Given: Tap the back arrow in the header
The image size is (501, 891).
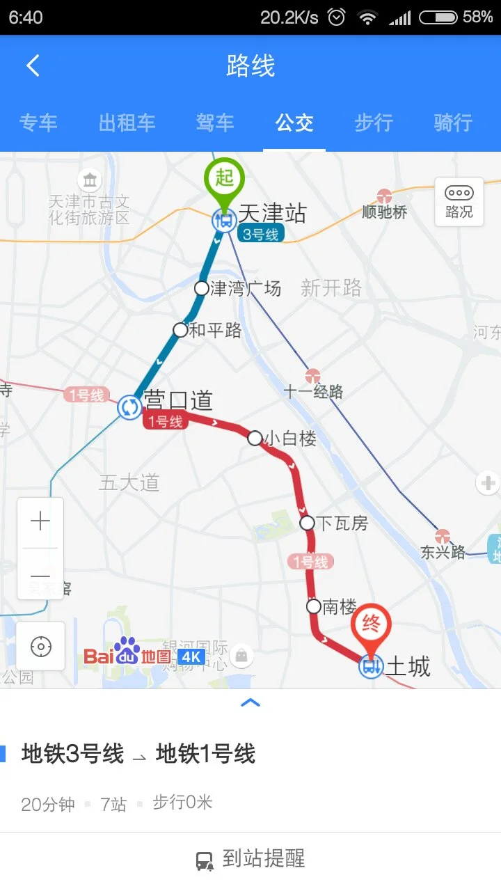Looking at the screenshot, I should point(33,66).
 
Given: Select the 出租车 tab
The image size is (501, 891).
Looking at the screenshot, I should point(127,123).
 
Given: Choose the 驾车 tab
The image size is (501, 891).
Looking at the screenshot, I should point(215,123).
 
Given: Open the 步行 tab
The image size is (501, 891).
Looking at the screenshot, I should point(374,123).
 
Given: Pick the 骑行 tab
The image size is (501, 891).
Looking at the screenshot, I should point(453,123).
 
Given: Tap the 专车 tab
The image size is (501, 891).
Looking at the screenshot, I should point(38,123).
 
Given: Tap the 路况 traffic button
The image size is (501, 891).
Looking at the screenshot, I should point(459,201).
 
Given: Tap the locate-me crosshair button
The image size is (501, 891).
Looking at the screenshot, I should point(41,647).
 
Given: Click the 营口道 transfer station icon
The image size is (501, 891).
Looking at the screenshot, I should point(129,407).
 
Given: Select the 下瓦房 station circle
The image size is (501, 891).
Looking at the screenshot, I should point(307,523).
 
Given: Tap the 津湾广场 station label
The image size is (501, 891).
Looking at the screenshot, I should point(246,288).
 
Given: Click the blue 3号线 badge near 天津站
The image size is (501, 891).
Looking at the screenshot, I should point(260,235).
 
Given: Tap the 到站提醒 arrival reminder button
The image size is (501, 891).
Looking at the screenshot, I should point(250,860).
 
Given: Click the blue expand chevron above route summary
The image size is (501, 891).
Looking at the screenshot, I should point(250,703).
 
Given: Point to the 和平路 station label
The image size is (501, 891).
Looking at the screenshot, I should point(215,330).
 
